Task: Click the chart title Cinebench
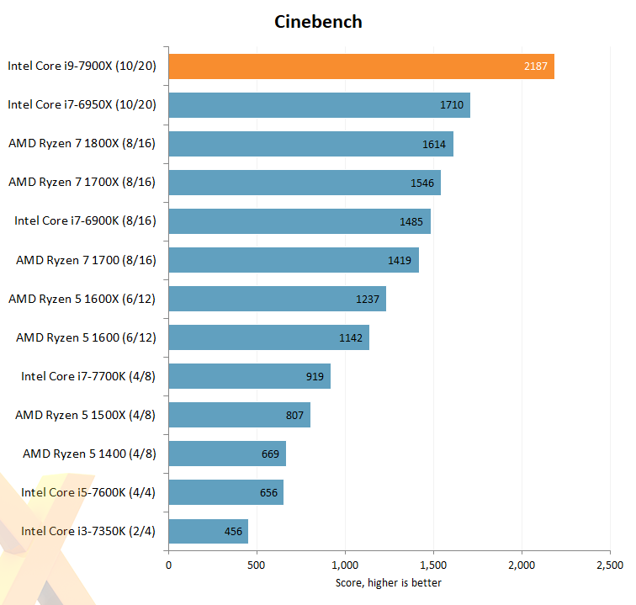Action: click(318, 22)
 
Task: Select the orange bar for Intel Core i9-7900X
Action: click(362, 66)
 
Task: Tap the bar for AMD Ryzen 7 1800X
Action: click(311, 144)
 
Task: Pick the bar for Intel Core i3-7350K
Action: click(209, 531)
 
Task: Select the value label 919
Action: click(315, 376)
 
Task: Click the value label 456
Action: click(233, 531)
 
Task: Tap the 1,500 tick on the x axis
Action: click(433, 565)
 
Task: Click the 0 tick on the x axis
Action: click(169, 565)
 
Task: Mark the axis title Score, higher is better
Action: click(389, 582)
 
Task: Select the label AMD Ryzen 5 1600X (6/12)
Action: click(82, 299)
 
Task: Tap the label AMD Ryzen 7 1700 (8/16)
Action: click(86, 260)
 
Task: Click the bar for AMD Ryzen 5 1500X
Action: click(240, 415)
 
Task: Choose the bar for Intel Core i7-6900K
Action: click(299, 221)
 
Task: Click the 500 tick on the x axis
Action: click(257, 565)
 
